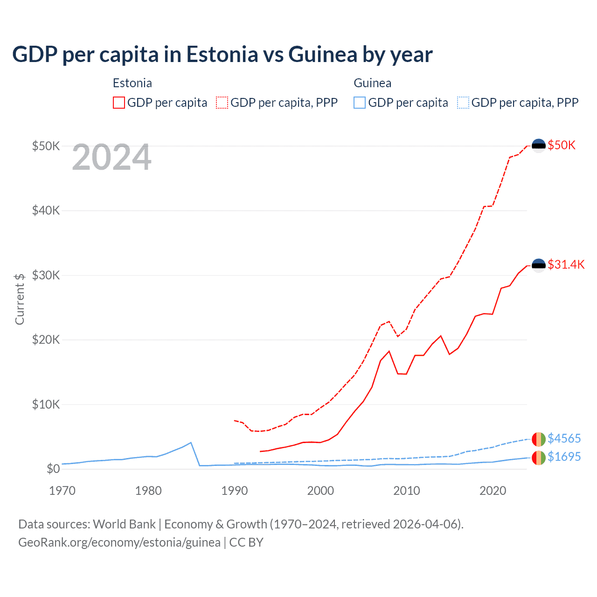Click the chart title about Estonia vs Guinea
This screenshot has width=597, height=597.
(x=222, y=55)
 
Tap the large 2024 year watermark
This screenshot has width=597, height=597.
(x=111, y=158)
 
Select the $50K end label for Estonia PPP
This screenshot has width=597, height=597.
(x=562, y=145)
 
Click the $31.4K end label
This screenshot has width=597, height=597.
(x=566, y=264)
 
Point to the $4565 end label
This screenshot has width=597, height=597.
(x=564, y=438)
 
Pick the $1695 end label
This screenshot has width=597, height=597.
(x=564, y=457)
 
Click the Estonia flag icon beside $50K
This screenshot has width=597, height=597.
(x=539, y=146)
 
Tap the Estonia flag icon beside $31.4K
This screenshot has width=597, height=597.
(x=539, y=265)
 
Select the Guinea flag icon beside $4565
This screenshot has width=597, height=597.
(x=539, y=439)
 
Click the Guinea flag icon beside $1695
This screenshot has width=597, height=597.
(x=539, y=458)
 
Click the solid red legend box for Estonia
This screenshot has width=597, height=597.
(x=119, y=103)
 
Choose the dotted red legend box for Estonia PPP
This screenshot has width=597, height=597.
(x=222, y=103)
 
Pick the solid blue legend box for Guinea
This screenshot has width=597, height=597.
(x=360, y=103)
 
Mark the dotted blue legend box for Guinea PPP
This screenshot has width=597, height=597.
(x=463, y=103)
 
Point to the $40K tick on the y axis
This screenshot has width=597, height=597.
(x=46, y=210)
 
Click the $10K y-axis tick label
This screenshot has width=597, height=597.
(x=46, y=404)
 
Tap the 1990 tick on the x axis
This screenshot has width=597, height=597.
(x=235, y=491)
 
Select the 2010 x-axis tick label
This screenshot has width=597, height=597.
(x=407, y=491)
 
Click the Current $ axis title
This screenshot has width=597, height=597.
(x=20, y=299)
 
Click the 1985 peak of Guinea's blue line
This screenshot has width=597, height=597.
(x=191, y=442)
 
